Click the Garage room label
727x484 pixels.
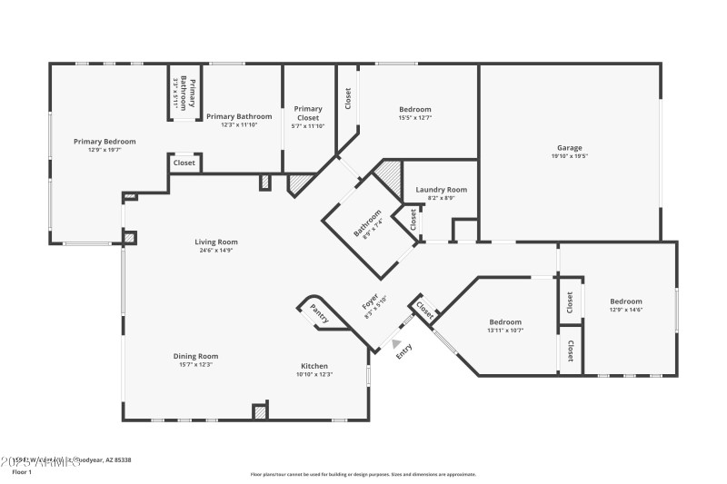click(x=570, y=148)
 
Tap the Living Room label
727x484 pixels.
click(x=215, y=242)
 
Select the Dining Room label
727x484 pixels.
click(x=195, y=356)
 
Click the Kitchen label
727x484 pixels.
click(x=314, y=366)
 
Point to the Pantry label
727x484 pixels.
click(x=319, y=313)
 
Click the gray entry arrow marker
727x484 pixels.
click(x=395, y=343)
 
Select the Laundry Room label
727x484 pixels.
click(x=441, y=190)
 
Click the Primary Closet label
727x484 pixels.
click(x=308, y=114)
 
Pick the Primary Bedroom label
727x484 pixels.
click(x=105, y=142)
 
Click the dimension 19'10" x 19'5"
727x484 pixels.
click(x=570, y=156)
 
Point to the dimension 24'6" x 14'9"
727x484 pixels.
click(x=215, y=250)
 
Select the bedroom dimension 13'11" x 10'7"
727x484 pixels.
click(x=505, y=331)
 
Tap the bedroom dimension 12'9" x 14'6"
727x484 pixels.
click(x=625, y=310)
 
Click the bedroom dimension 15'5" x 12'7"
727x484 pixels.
click(x=414, y=117)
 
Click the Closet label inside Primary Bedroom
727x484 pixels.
click(x=184, y=163)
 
